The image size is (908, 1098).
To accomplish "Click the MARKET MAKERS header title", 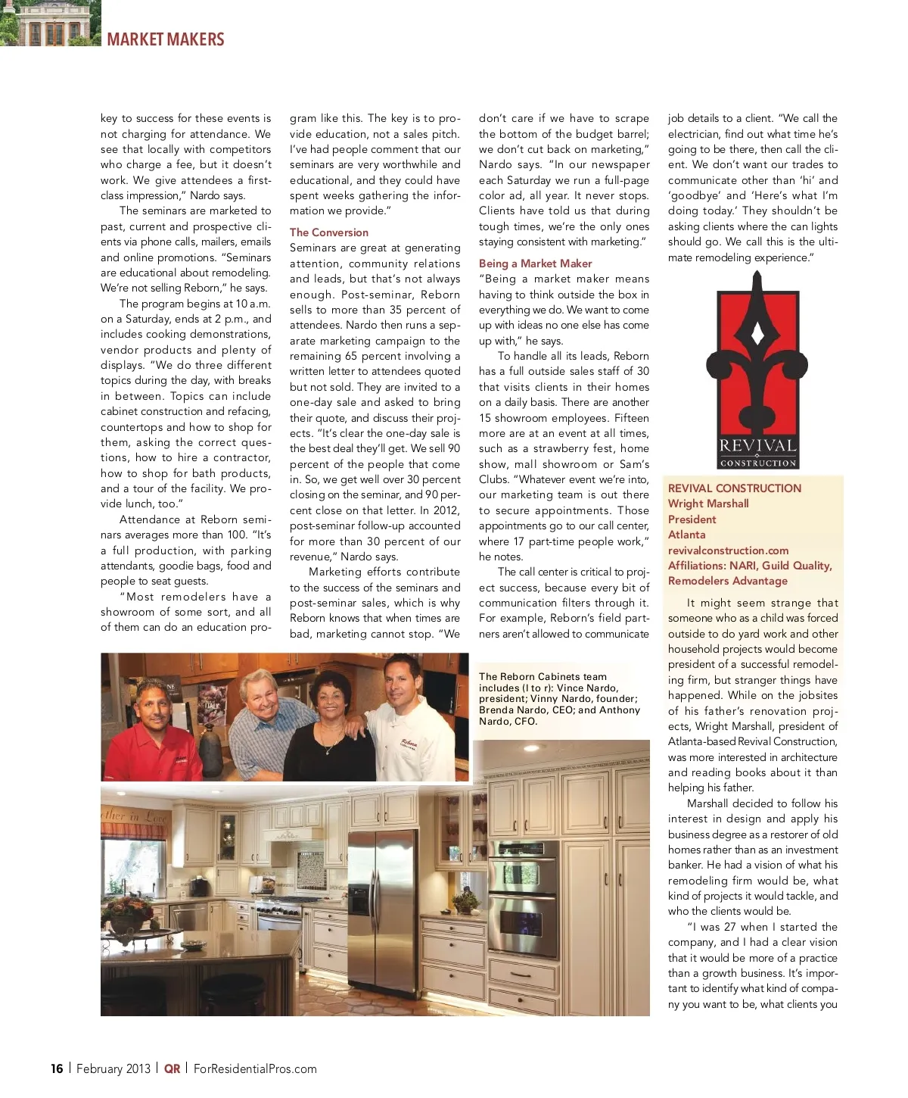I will (x=166, y=39).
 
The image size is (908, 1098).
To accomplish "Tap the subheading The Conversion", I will (x=328, y=232).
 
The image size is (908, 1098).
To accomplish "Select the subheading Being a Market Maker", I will (x=535, y=264).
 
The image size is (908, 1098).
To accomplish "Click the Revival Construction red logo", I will (x=757, y=370).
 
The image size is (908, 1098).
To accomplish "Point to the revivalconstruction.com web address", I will (x=728, y=551).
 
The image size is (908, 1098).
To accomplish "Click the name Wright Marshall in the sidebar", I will (x=708, y=504).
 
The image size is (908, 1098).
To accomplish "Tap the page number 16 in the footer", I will (x=57, y=1068).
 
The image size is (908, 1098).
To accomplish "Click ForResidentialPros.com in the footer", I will (x=255, y=1068).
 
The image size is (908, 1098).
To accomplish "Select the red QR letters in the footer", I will (x=173, y=1068).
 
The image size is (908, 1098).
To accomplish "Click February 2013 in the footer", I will (x=113, y=1068).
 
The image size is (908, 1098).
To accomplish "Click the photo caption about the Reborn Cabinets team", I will (x=559, y=699).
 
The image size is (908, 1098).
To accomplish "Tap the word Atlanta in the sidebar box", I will (x=686, y=535).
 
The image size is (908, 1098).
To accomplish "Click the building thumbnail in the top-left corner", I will (x=50, y=23).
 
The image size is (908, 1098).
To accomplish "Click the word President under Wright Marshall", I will (x=692, y=519).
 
